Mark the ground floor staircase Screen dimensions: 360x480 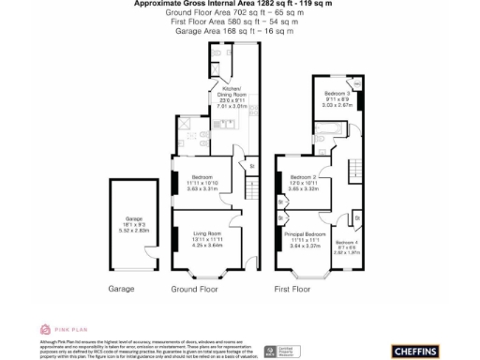coord(250,193)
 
